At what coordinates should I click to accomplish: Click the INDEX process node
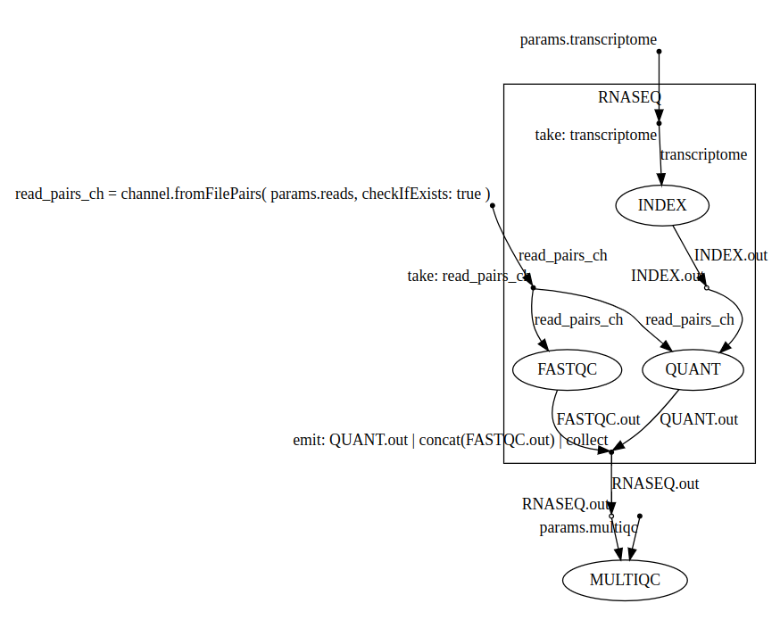click(662, 205)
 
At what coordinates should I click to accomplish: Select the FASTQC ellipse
click(567, 369)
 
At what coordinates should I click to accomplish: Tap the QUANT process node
click(693, 369)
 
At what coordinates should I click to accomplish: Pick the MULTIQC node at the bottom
click(625, 580)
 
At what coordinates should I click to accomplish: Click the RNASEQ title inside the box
click(629, 97)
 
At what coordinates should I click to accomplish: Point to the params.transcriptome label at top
click(588, 39)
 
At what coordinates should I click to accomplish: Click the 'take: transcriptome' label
click(596, 135)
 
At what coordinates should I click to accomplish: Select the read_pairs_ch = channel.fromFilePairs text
click(253, 194)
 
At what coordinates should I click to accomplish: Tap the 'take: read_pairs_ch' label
click(469, 276)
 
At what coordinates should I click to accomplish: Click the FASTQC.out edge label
click(599, 419)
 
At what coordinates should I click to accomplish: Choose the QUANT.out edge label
click(699, 419)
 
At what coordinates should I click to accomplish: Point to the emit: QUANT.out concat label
click(450, 440)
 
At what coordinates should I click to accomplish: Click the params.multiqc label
click(588, 527)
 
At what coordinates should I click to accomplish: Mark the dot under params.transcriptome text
click(660, 52)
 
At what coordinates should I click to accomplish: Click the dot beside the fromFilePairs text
click(493, 205)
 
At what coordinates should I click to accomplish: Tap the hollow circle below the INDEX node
click(707, 287)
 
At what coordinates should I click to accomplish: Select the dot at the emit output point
click(611, 452)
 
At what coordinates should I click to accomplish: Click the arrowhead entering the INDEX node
click(660, 179)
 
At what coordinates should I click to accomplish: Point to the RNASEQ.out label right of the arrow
click(655, 484)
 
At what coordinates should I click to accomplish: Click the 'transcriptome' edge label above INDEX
click(704, 154)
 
